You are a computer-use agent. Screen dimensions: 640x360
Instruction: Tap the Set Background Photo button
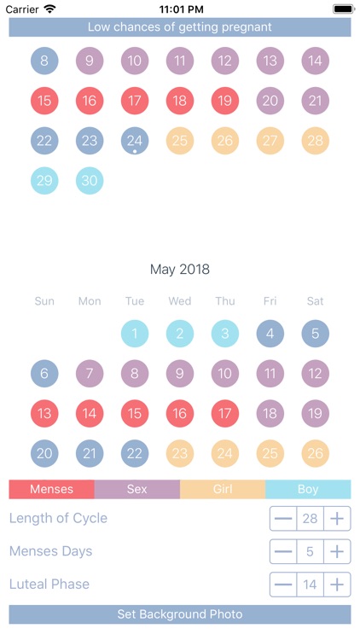pos(180,614)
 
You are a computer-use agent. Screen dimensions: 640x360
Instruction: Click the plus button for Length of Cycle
pos(338,519)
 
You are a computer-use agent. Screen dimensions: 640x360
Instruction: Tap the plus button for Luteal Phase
pos(338,585)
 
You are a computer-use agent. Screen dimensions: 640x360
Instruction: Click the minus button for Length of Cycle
pos(283,519)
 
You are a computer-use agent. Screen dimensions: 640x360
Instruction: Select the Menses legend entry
pos(51,490)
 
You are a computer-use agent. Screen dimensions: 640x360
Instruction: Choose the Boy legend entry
pos(308,490)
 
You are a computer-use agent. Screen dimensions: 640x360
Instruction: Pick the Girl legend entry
pos(223,490)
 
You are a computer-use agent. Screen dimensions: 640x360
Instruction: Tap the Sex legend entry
pos(137,490)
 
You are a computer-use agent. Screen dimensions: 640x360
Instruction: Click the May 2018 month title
pos(180,270)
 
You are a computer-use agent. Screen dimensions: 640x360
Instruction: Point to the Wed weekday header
pos(180,301)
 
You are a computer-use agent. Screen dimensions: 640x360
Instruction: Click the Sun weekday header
pos(44,301)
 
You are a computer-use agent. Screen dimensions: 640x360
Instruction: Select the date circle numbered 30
pos(90,180)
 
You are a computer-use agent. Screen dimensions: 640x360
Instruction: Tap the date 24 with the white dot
pos(135,141)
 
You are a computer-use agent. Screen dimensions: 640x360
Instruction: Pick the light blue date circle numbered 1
pos(135,334)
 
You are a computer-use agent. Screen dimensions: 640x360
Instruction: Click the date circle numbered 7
pos(90,374)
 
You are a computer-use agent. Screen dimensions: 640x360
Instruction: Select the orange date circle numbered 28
pos(316,141)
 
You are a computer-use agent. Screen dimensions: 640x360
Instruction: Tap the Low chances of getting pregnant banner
pos(180,27)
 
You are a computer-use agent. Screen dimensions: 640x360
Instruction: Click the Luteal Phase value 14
pos(311,585)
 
